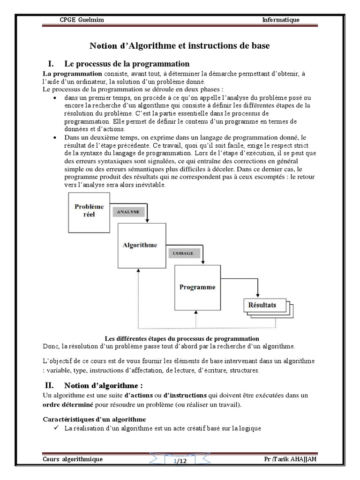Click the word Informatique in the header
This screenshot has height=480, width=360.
(280, 20)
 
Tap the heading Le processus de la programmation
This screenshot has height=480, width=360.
(127, 64)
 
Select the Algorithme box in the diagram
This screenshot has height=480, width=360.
(140, 245)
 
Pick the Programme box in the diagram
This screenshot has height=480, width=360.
(197, 286)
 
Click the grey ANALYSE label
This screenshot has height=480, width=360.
(128, 211)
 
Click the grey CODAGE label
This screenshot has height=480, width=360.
(183, 253)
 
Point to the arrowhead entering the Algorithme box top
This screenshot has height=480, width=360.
(147, 221)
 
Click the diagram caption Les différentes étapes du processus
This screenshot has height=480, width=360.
(182, 338)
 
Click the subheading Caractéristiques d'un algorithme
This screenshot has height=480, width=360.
(94, 419)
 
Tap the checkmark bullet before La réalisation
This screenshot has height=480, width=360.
(56, 427)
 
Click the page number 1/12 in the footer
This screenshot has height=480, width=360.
(180, 461)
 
